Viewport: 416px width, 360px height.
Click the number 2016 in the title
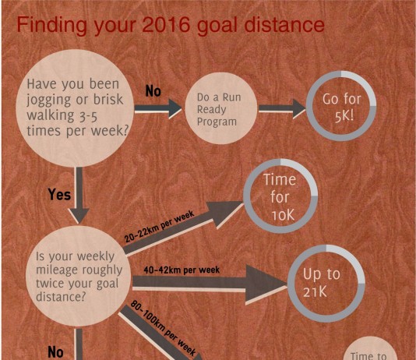pyautogui.click(x=166, y=25)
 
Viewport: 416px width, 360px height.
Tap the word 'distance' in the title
pyautogui.click(x=284, y=25)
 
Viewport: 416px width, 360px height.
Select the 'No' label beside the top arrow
pyautogui.click(x=153, y=91)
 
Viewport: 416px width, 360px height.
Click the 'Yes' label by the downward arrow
pyautogui.click(x=59, y=194)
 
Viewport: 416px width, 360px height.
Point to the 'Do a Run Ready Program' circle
pyautogui.click(x=220, y=108)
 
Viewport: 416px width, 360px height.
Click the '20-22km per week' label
pyautogui.click(x=160, y=226)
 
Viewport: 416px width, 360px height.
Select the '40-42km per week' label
pyautogui.click(x=182, y=270)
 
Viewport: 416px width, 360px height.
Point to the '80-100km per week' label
pyautogui.click(x=163, y=328)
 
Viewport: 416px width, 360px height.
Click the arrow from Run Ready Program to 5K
pyautogui.click(x=282, y=108)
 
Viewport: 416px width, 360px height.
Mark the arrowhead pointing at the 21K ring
pyautogui.click(x=266, y=284)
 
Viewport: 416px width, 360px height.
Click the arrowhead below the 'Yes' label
pyautogui.click(x=79, y=216)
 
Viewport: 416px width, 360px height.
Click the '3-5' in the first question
pyautogui.click(x=89, y=117)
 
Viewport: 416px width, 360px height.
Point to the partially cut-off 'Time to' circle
pyautogui.click(x=370, y=348)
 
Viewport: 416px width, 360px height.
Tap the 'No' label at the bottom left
pyautogui.click(x=55, y=352)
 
